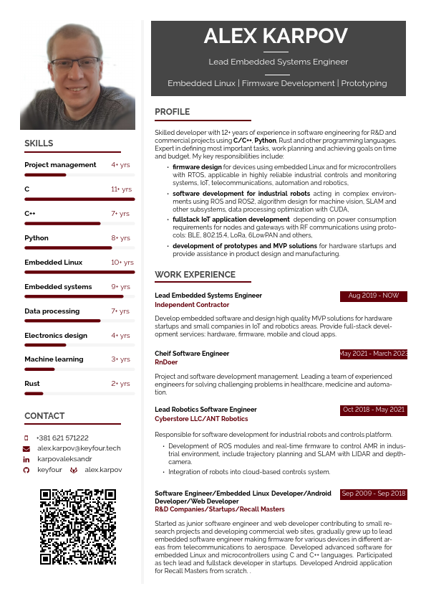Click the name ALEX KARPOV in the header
(x=276, y=36)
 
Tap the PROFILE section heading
(x=173, y=112)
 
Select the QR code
(x=78, y=527)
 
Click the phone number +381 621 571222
(x=62, y=438)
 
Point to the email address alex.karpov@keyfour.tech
(x=79, y=448)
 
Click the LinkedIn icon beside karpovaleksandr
(x=26, y=458)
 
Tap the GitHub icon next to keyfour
(x=26, y=469)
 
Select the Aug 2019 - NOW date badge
(x=373, y=296)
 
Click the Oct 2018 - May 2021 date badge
(x=373, y=410)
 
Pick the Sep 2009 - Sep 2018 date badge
(x=373, y=494)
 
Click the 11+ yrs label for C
(x=121, y=189)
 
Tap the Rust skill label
(x=32, y=384)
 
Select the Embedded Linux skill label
(x=53, y=263)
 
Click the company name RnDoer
(x=166, y=362)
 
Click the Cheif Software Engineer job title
(x=192, y=354)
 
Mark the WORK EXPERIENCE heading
(x=195, y=275)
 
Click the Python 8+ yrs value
(x=120, y=238)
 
